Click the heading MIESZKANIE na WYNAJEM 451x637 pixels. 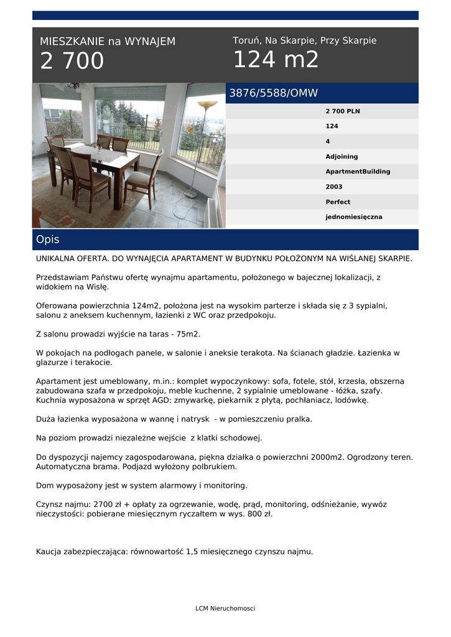click(x=108, y=42)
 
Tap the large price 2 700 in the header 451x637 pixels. click(x=72, y=62)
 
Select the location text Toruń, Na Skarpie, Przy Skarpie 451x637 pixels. click(x=304, y=40)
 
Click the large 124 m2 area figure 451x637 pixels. click(x=276, y=60)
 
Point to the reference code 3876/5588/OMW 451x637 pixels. click(x=274, y=93)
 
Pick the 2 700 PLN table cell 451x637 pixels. click(x=342, y=111)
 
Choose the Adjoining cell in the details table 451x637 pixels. click(x=342, y=157)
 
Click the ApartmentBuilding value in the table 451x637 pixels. click(x=358, y=172)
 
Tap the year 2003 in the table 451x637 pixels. click(x=334, y=187)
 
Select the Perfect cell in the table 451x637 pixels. click(x=338, y=202)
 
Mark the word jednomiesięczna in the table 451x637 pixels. click(x=354, y=217)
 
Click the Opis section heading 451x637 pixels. click(x=48, y=239)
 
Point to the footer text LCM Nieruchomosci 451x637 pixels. click(x=225, y=608)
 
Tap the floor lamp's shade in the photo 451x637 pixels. click(x=207, y=105)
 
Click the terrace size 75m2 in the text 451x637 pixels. click(x=188, y=334)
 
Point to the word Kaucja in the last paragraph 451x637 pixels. click(x=49, y=551)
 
